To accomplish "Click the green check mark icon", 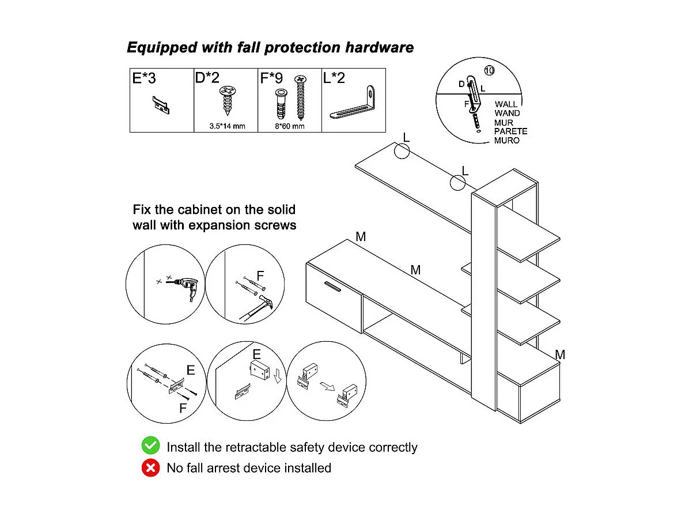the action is tap(151, 446).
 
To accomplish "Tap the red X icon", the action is tap(151, 468).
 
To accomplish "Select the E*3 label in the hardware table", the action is tap(144, 78).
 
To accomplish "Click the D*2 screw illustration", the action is tap(228, 100).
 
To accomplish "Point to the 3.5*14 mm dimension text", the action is tap(227, 126).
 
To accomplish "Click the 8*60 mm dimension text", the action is tap(290, 126).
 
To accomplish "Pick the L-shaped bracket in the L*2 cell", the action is tap(353, 103).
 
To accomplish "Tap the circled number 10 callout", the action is tap(489, 70).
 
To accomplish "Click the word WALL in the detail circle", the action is tap(506, 104).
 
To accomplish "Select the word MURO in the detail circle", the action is tap(506, 141).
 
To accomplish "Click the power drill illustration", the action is tap(184, 286).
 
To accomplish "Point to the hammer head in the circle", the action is tap(266, 302).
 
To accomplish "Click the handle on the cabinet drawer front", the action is tap(332, 286).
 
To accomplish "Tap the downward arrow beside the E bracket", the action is tap(277, 376).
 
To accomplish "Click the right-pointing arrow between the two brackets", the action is tap(327, 386).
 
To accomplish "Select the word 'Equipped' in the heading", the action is tap(162, 48).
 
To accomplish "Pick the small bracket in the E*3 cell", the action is tap(161, 105).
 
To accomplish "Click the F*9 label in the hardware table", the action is tap(271, 78).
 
